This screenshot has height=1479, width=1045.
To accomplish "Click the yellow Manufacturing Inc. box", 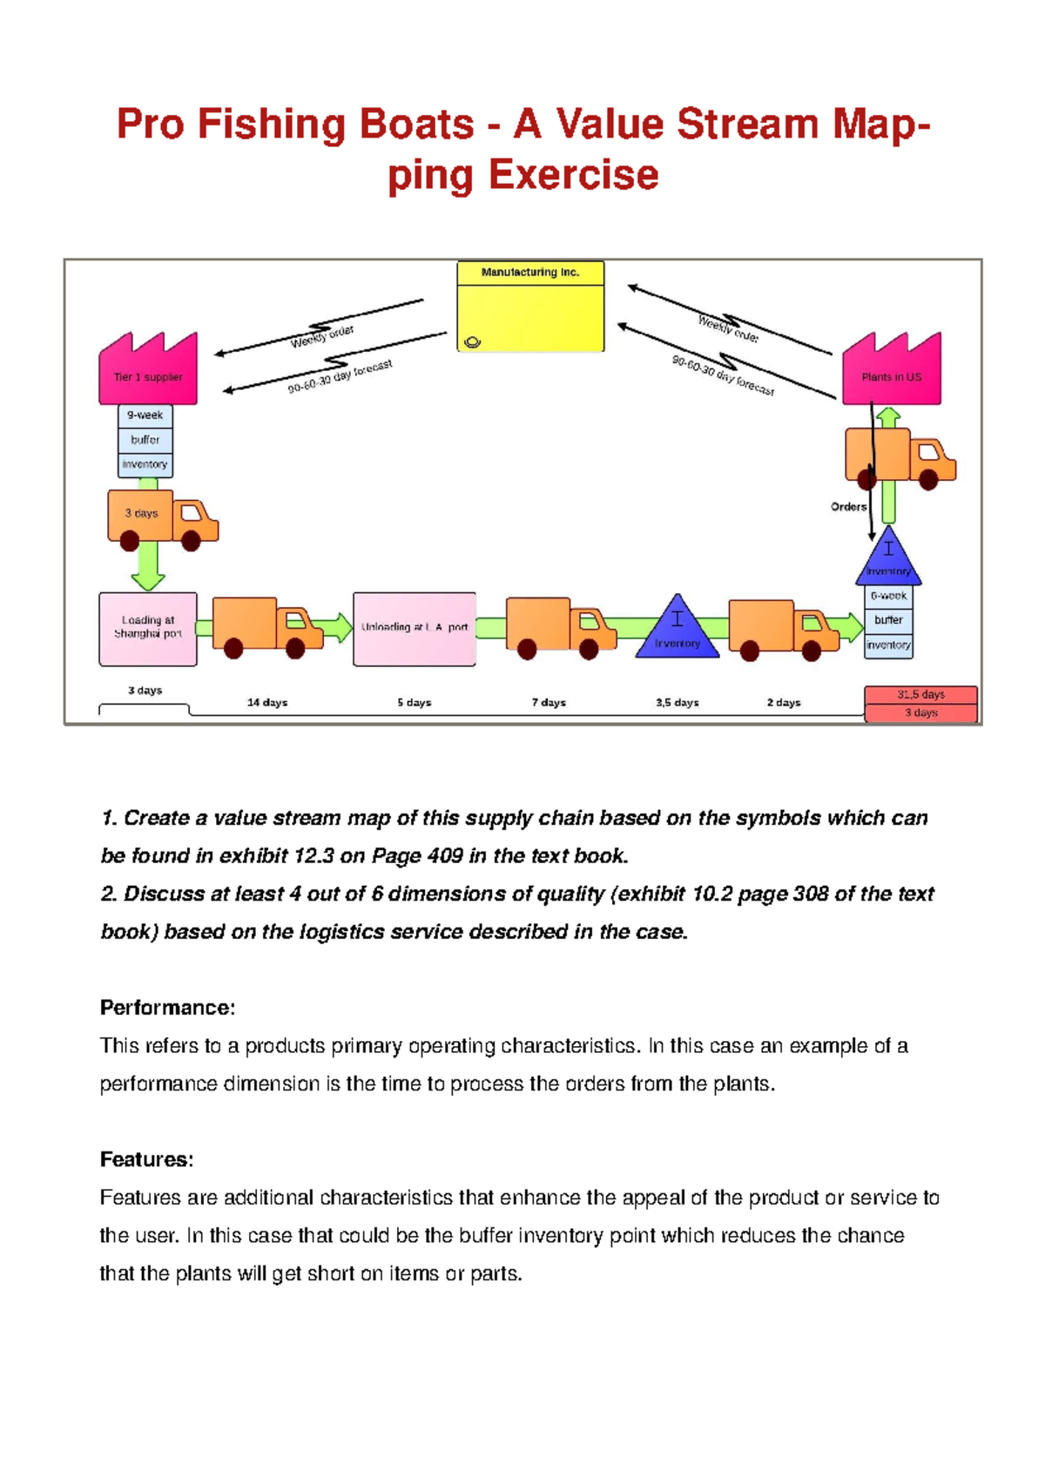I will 530,307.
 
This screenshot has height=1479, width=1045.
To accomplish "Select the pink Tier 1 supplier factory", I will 148,370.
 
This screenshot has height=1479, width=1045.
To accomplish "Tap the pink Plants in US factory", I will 891,370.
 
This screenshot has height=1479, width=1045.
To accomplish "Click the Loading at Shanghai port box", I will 148,628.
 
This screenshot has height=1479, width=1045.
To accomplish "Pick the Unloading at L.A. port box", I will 415,628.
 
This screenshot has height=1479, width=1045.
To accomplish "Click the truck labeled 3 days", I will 162,519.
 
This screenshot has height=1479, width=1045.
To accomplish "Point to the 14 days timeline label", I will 266,702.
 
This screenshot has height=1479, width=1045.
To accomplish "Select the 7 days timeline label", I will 549,702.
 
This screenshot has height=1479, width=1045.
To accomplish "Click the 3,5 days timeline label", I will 677,702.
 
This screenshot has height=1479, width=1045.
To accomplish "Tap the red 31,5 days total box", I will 920,694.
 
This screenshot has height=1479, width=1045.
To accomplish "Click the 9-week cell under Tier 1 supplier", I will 145,415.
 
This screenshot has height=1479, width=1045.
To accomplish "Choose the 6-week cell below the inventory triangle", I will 888,596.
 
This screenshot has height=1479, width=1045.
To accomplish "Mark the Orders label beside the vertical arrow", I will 848,506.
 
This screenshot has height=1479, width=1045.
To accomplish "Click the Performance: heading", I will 167,1008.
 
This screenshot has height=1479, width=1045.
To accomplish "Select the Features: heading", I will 146,1159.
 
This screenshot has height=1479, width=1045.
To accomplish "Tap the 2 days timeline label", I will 784,702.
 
